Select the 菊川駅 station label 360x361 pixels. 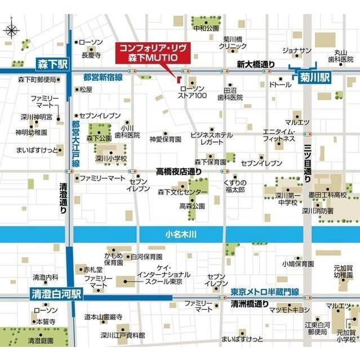tap(311, 75)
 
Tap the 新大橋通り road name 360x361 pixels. tap(256, 63)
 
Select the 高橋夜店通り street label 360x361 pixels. tap(179, 170)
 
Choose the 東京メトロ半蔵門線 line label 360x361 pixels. tap(264, 293)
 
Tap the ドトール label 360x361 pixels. tap(280, 85)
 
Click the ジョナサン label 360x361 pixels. tap(296, 51)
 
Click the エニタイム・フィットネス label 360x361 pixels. tap(279, 136)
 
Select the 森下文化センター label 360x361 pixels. tap(183, 192)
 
